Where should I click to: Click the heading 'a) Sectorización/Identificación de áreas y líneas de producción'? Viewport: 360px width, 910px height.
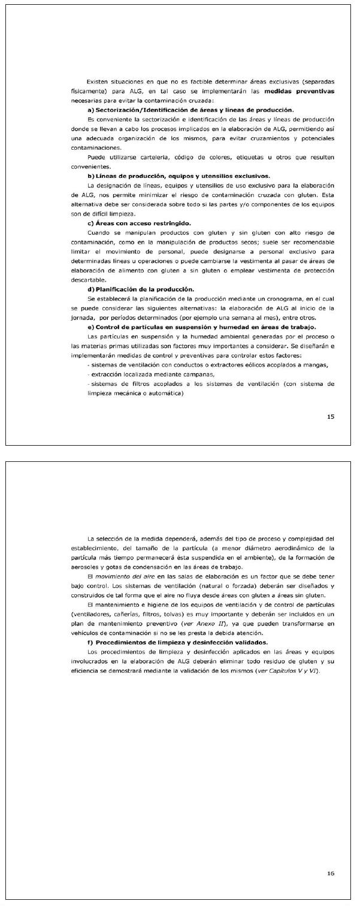coord(190,110)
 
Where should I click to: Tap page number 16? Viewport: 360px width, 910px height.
coord(331,873)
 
